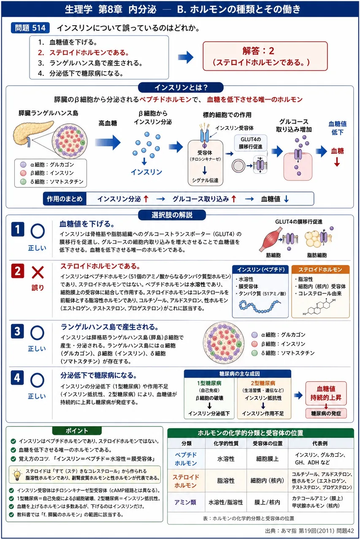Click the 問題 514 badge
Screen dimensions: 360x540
click(30, 28)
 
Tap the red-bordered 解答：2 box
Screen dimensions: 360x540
click(265, 56)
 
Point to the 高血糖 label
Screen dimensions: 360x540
click(108, 124)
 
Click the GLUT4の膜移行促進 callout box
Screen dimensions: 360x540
click(251, 143)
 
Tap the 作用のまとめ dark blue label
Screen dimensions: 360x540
click(65, 199)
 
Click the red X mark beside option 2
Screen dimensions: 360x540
click(38, 273)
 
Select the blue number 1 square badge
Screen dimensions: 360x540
click(18, 229)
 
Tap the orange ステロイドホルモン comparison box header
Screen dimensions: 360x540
click(320, 270)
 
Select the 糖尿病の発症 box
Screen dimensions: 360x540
click(326, 414)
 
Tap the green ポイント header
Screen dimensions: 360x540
click(77, 431)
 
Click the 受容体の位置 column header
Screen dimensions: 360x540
click(268, 443)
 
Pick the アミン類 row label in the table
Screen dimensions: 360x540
click(185, 502)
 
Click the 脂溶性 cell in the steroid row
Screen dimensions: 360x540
click(226, 481)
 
